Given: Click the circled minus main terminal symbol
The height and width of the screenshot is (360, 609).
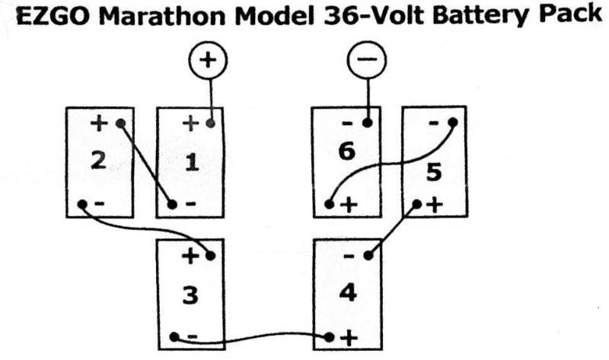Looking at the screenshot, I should [367, 60].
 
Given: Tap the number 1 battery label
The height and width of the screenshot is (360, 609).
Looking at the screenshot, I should [190, 162].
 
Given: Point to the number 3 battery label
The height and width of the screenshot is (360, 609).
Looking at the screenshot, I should [190, 295].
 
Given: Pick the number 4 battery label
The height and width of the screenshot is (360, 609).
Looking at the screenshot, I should [347, 292].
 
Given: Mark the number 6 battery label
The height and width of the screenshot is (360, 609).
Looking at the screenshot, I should [346, 152].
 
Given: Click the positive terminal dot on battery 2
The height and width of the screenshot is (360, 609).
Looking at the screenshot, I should [120, 123].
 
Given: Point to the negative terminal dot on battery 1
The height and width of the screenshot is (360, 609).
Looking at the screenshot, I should [173, 205].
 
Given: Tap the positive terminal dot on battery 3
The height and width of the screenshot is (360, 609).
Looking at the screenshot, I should [211, 256].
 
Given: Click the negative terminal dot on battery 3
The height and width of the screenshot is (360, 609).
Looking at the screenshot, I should [174, 336].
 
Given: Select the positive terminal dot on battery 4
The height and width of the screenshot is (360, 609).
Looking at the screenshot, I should [330, 336].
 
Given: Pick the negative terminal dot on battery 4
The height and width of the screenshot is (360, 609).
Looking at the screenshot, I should [368, 256].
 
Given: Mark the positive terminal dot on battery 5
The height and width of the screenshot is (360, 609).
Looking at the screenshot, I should [416, 205].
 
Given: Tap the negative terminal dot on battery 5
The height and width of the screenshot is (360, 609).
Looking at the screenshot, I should [452, 122].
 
